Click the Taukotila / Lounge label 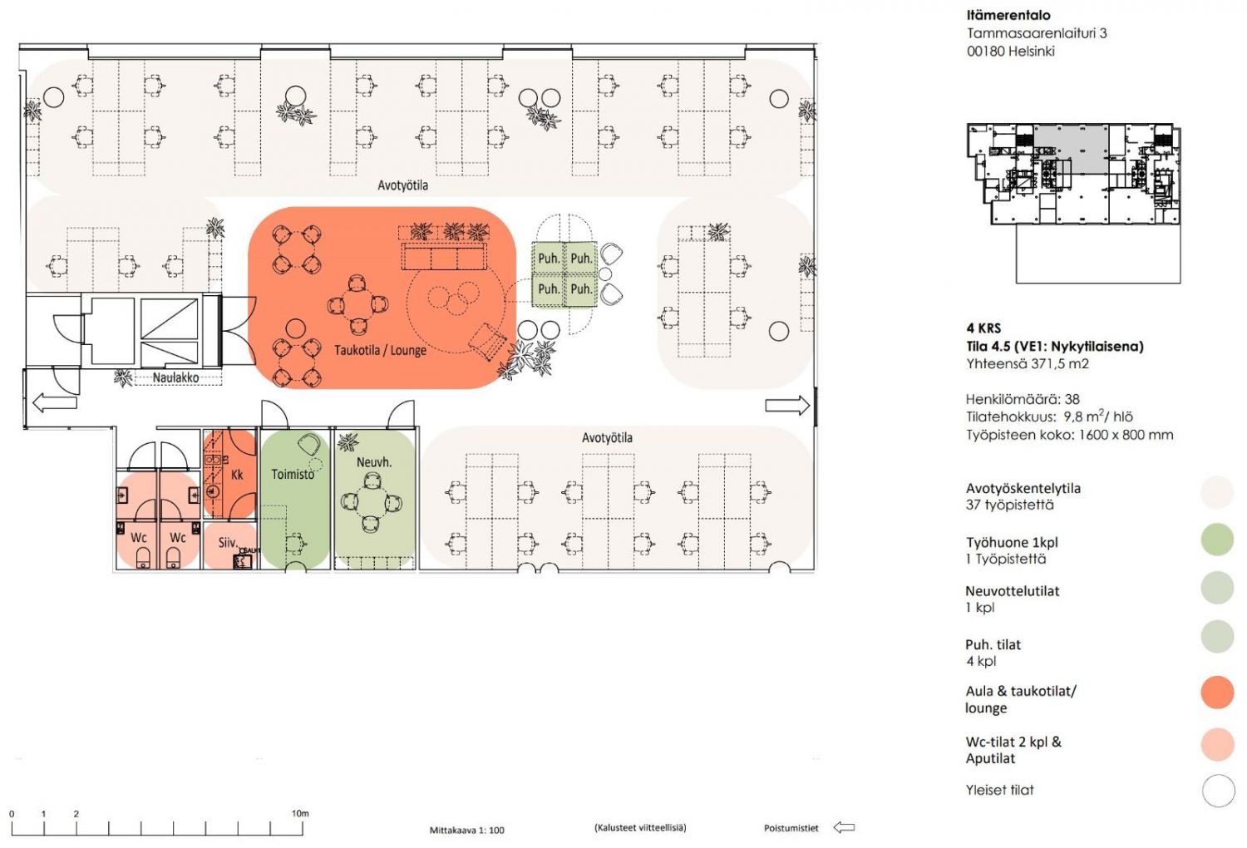pyautogui.click(x=380, y=350)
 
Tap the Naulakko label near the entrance pyautogui.click(x=175, y=377)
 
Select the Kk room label pyautogui.click(x=237, y=475)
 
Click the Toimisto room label pyautogui.click(x=293, y=474)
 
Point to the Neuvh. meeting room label pyautogui.click(x=374, y=462)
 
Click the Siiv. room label pyautogui.click(x=228, y=542)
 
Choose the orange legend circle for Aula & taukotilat pyautogui.click(x=1218, y=692)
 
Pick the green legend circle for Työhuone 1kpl pyautogui.click(x=1218, y=539)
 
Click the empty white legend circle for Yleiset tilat pyautogui.click(x=1219, y=791)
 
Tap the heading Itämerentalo pyautogui.click(x=1008, y=15)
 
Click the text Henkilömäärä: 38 pyautogui.click(x=1023, y=399)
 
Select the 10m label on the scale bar pyautogui.click(x=300, y=813)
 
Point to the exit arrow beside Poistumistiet pyautogui.click(x=844, y=827)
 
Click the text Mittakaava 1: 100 pyautogui.click(x=466, y=831)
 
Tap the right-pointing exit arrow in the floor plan pyautogui.click(x=787, y=406)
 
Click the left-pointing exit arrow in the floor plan pyautogui.click(x=55, y=402)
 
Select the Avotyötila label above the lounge pyautogui.click(x=402, y=185)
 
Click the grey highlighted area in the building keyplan pyautogui.click(x=1071, y=149)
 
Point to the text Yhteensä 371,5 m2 pyautogui.click(x=1027, y=363)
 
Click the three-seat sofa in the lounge pyautogui.click(x=444, y=256)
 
